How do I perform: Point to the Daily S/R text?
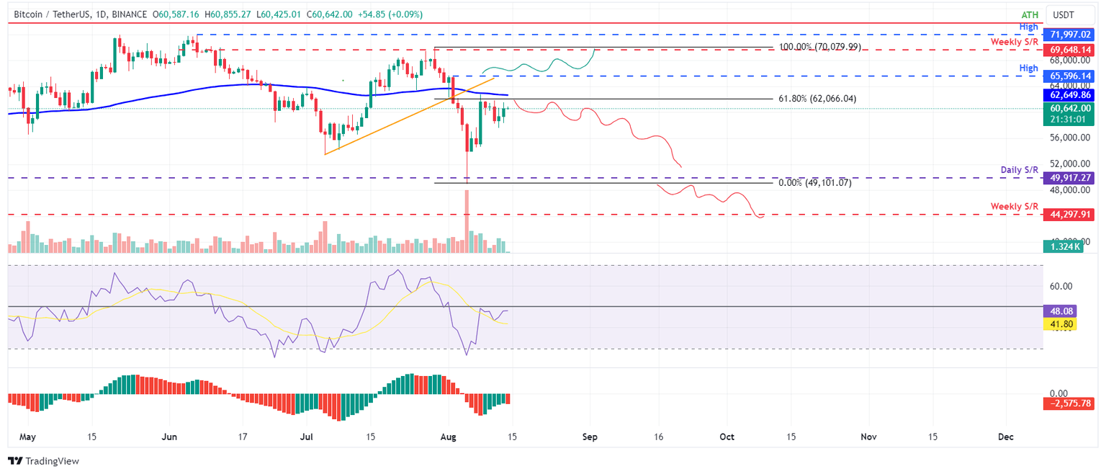[1018, 170]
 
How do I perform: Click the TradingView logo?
[43, 461]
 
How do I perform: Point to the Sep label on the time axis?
[590, 437]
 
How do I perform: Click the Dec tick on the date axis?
[1006, 437]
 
